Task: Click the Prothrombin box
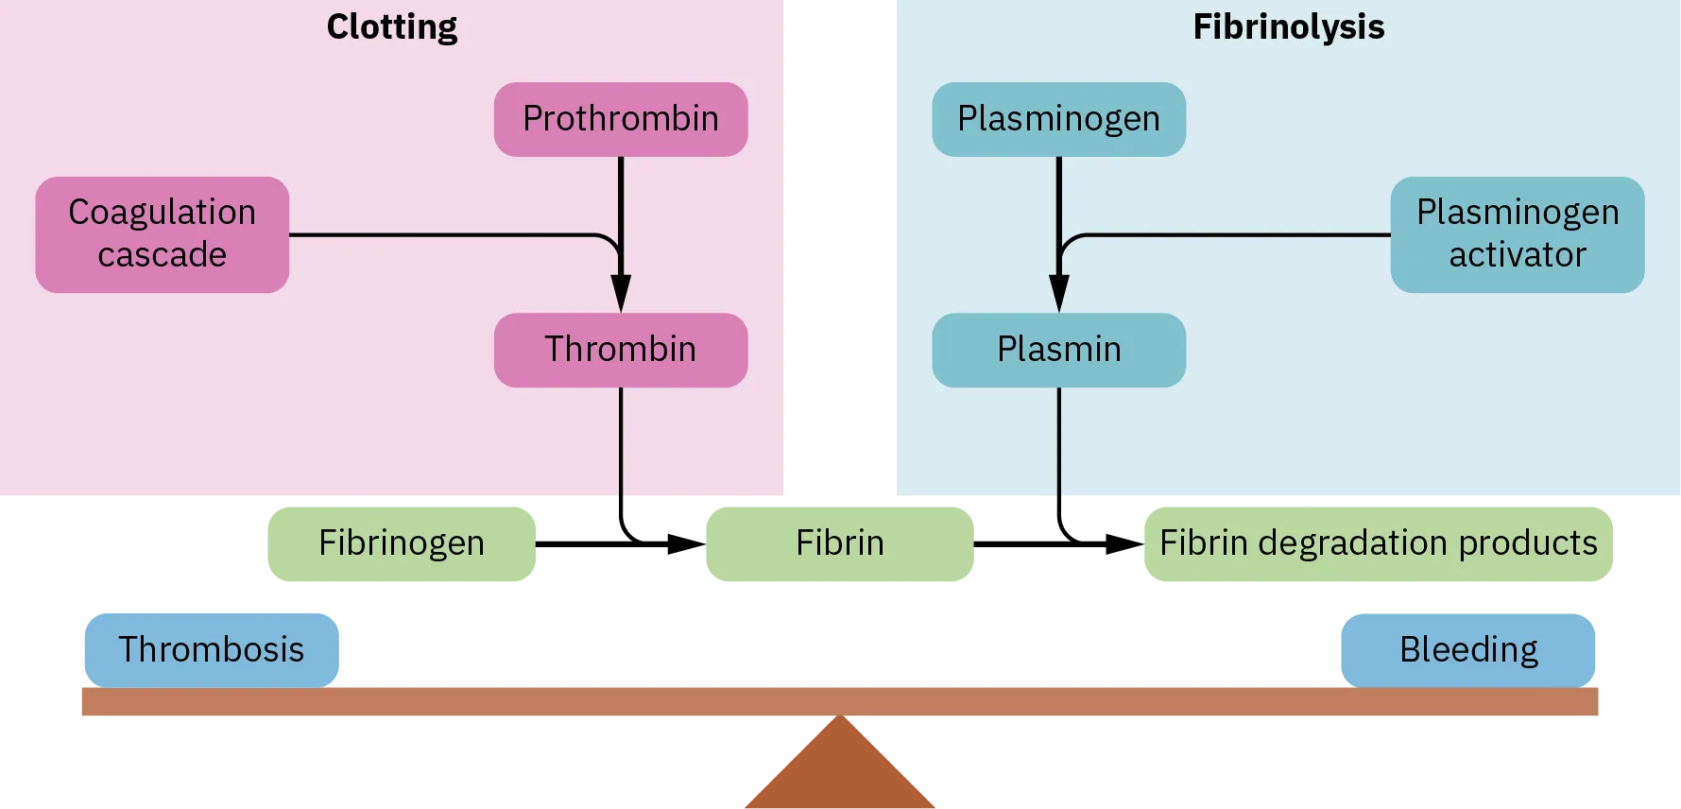pos(621,119)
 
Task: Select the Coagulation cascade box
pos(163,234)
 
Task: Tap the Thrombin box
pos(621,350)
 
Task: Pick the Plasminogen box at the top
pos(1058,119)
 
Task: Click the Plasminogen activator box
pos(1518,234)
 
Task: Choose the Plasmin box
pos(1058,350)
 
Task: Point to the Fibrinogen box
pos(401,543)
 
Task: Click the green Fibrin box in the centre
pos(839,543)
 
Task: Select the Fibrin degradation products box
pos(1378,543)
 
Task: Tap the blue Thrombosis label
pos(211,649)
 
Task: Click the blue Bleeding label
pos(1468,649)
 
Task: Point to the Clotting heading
pos(392,26)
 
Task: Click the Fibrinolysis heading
pos(1288,26)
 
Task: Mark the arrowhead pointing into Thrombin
pos(621,293)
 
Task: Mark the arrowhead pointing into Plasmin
pos(1059,293)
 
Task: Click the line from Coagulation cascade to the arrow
pos(444,234)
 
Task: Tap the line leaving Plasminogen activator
pos(1228,234)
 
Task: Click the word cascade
pos(163,255)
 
